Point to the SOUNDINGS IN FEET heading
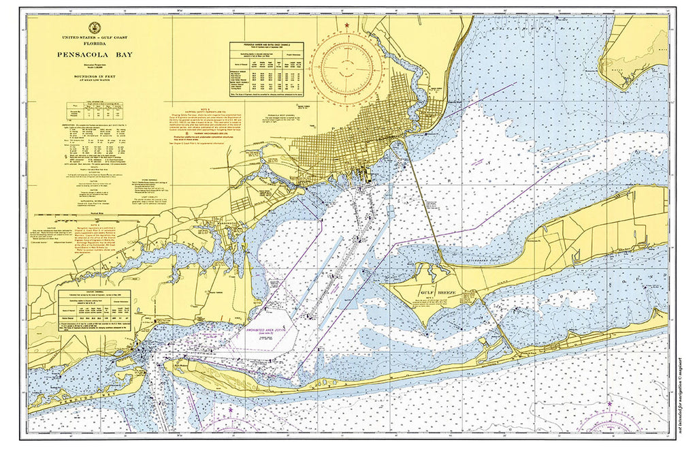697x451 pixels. pyautogui.click(x=99, y=78)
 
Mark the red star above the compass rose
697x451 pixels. pyautogui.click(x=347, y=26)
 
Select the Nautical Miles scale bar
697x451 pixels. pyautogui.click(x=99, y=213)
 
